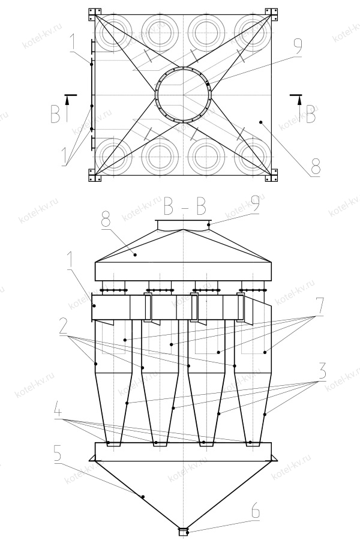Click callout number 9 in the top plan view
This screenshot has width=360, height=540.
click(x=298, y=47)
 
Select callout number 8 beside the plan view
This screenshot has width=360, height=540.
click(x=314, y=166)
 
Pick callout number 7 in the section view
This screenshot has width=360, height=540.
click(x=320, y=307)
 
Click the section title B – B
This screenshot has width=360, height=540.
click(x=185, y=206)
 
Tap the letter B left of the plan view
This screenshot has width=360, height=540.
click(x=56, y=114)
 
